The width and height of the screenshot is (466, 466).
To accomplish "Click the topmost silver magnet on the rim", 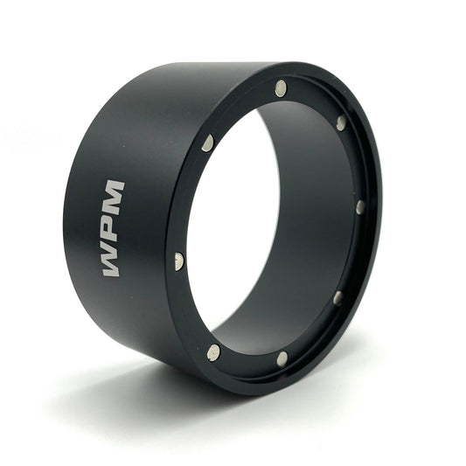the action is pos(281,88).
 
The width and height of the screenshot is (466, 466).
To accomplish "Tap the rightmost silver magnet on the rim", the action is pos(360,207).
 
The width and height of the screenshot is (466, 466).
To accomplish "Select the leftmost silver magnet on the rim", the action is pos(179,261).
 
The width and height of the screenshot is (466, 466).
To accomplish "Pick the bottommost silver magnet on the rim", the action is pos(282,358).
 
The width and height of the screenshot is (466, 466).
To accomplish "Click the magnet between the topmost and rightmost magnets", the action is pos(341,123).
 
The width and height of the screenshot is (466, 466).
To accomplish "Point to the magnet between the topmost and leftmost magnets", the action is pos(208,143).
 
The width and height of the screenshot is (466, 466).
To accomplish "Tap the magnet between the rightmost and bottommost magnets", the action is pos(337,298).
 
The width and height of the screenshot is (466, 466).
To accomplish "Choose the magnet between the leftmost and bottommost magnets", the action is pos(213,352).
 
